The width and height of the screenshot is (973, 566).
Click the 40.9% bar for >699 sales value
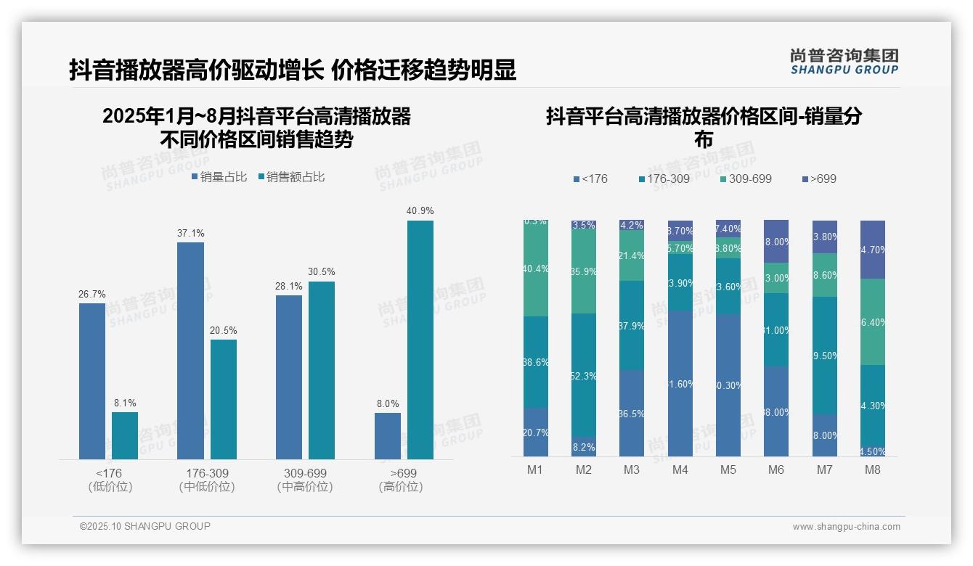420,340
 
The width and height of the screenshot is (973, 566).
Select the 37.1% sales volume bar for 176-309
190,350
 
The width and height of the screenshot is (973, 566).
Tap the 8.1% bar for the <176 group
125,435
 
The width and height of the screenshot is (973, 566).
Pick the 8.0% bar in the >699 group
388,435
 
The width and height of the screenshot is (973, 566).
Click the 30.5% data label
322,272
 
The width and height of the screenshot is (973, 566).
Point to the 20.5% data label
224,330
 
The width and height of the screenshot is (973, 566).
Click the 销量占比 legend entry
219,177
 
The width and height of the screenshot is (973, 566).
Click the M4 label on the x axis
680,469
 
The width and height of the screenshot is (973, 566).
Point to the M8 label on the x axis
873,469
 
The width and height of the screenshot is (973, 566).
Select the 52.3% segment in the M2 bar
584,376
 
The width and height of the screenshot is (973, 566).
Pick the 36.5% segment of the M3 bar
632,413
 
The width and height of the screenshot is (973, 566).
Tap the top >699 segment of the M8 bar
873,249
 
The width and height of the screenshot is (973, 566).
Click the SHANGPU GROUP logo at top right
844,62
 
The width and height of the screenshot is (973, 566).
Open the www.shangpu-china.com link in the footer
846,527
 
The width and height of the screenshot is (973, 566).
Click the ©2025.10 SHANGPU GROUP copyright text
145,526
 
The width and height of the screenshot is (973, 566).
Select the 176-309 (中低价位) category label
207,480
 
